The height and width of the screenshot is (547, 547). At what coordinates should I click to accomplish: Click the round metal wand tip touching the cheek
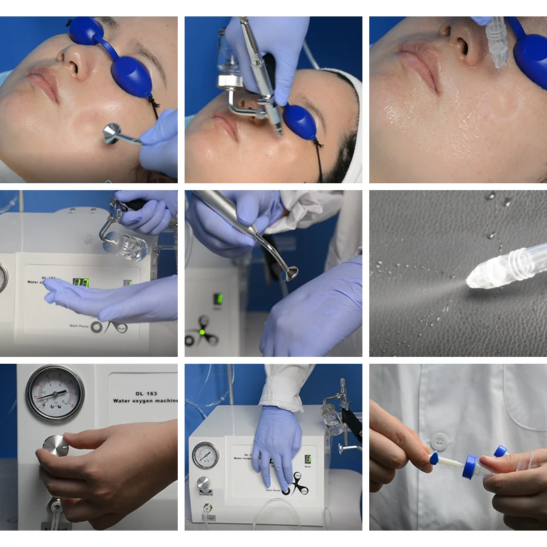pos(111,133)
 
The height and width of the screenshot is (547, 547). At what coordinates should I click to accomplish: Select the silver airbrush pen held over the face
pos(263,75)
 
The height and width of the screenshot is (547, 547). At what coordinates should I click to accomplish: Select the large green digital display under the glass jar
pos(81,282)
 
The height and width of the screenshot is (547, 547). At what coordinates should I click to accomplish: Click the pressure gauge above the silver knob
pos(55,392)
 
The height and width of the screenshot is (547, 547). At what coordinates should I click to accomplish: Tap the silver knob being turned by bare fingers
pos(55,445)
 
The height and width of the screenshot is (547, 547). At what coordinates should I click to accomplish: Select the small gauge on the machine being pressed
pos(205,455)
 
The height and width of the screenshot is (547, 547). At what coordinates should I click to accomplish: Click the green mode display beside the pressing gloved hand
pos(308,460)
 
